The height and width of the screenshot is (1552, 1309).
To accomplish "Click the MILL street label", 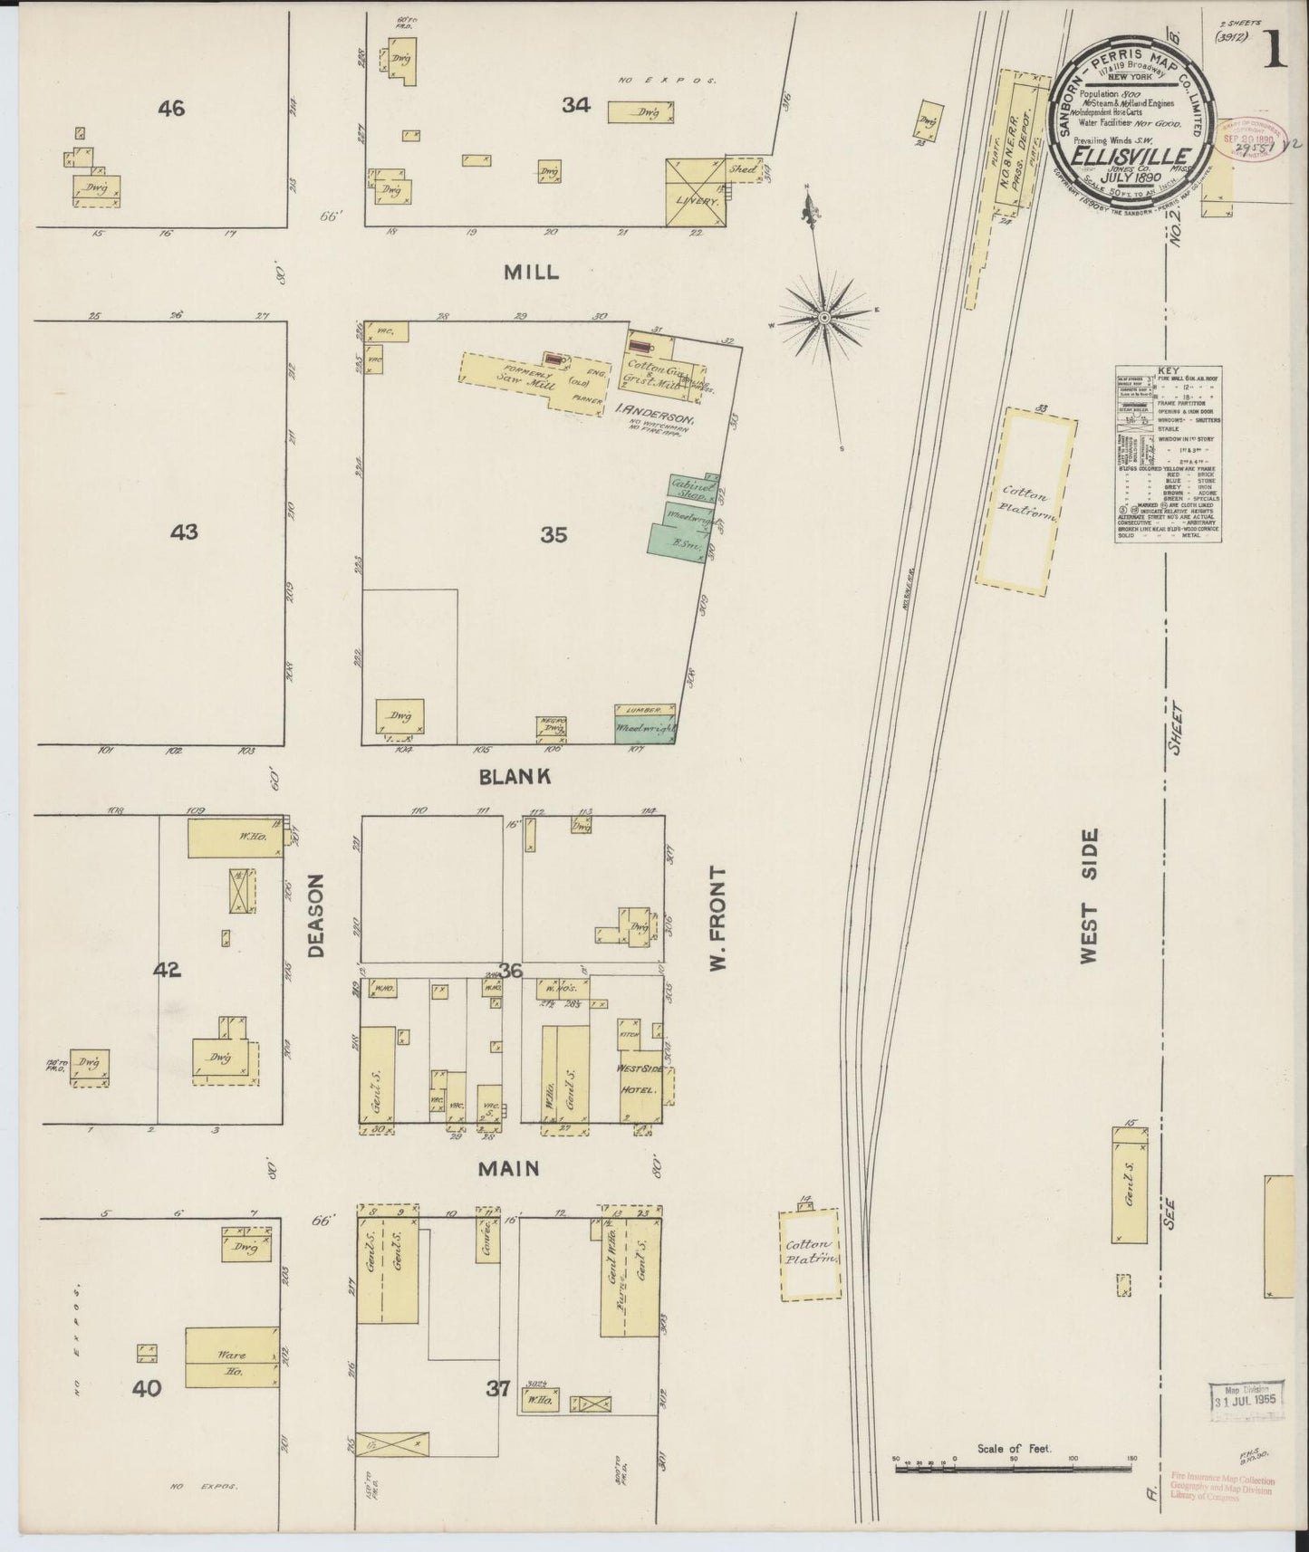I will pos(533,272).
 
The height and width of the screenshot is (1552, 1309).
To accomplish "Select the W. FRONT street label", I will pos(718,917).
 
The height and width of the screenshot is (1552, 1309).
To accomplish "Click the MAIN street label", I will pos(508,1169).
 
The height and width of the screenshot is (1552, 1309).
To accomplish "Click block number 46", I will pos(170,110).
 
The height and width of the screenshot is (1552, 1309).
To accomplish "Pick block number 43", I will pos(184,532).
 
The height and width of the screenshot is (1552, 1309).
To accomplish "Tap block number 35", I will pos(553,535).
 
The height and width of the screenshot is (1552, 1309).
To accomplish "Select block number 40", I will pos(147,1387).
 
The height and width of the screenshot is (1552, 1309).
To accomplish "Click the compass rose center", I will pos(824,319).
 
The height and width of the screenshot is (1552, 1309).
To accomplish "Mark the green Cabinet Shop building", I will pos(694,487).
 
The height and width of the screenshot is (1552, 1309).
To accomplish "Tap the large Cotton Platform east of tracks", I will pos(1026,503).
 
